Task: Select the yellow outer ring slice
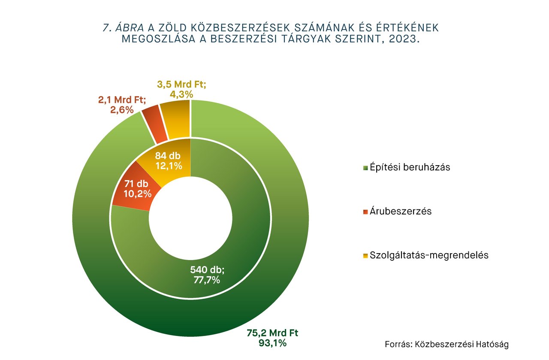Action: [175, 120]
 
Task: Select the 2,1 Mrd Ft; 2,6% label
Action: [122, 105]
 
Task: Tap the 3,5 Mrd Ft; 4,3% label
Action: [181, 89]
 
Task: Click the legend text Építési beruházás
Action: [410, 167]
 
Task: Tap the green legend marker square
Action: [365, 168]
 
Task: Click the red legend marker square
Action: [365, 212]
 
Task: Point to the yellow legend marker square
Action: [365, 256]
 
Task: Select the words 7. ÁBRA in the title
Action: [124, 28]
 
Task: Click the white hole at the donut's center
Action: [191, 219]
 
